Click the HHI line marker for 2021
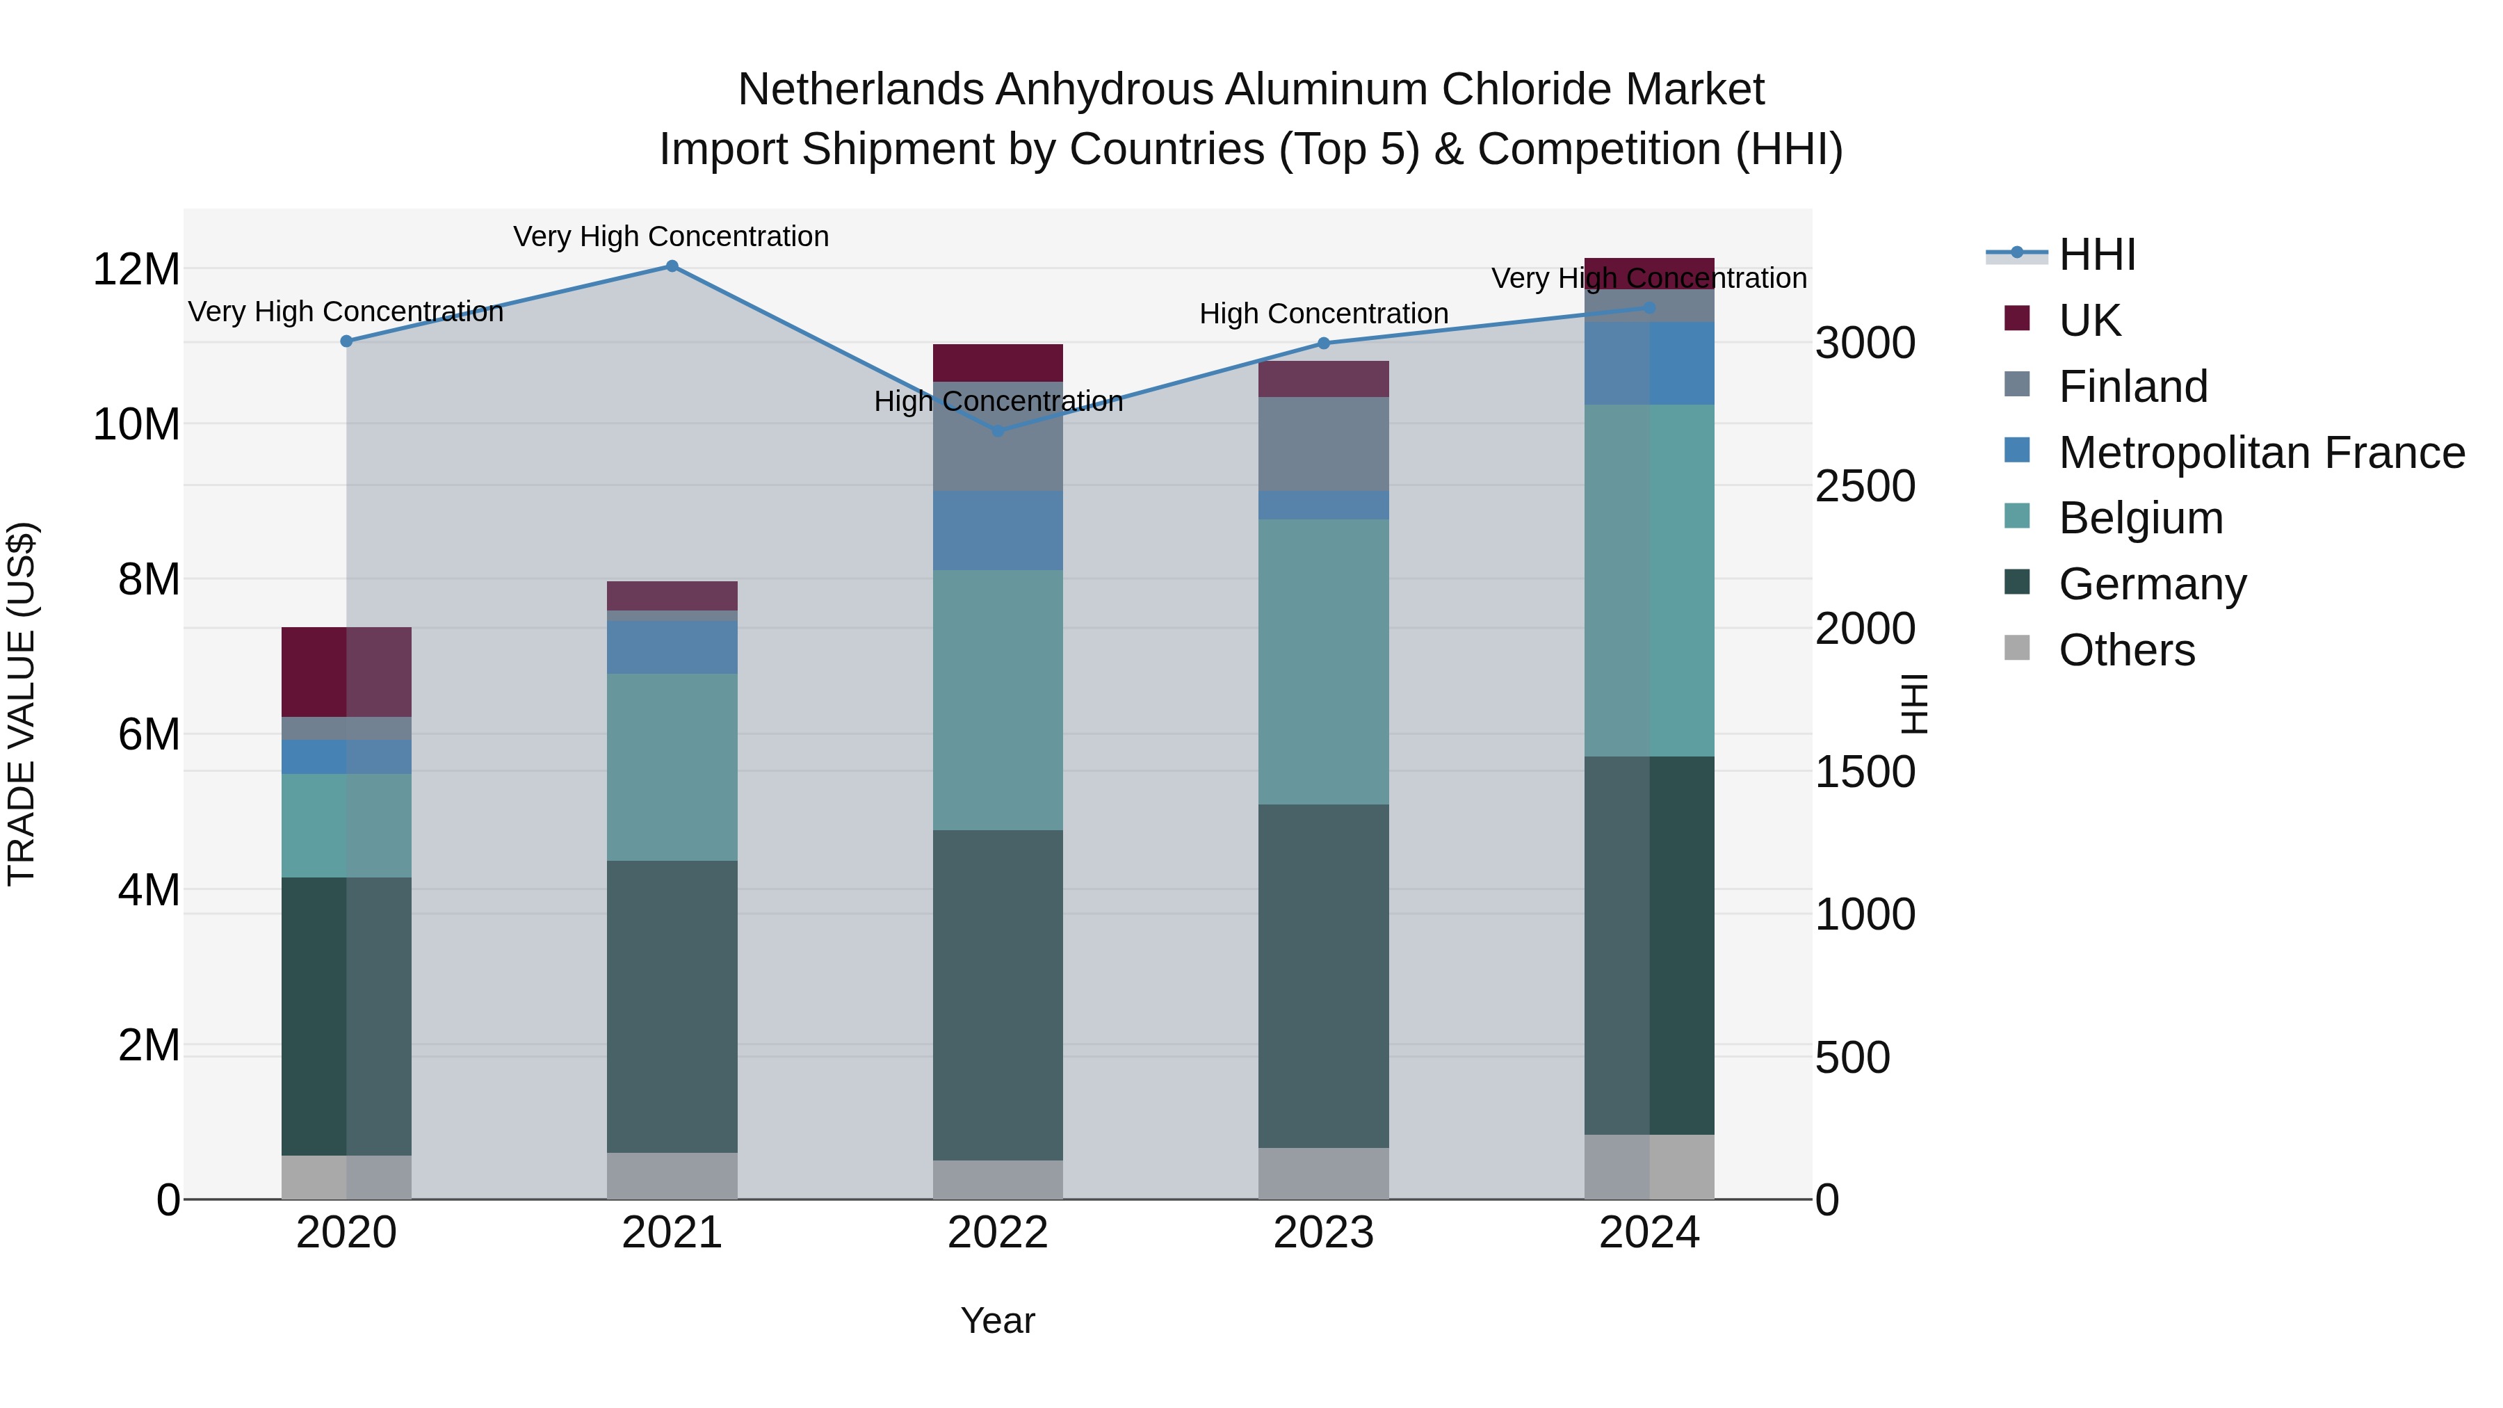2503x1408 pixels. click(672, 266)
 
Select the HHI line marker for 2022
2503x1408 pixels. click(998, 430)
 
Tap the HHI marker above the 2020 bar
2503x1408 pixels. click(347, 341)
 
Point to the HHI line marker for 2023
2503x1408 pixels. click(1323, 343)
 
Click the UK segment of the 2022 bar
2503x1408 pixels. click(998, 362)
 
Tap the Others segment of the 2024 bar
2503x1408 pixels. click(1649, 1166)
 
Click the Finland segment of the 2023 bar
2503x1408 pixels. click(1323, 444)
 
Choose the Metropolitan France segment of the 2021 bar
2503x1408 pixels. click(672, 647)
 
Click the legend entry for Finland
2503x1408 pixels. click(2133, 387)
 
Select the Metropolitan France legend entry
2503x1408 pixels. click(2261, 453)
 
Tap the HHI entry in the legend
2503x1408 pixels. click(2097, 254)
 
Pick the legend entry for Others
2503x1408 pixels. click(2126, 650)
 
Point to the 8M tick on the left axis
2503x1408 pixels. click(149, 579)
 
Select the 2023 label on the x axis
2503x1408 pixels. click(1323, 1233)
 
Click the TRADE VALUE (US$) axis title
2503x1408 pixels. click(22, 704)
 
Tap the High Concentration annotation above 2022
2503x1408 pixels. click(998, 401)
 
